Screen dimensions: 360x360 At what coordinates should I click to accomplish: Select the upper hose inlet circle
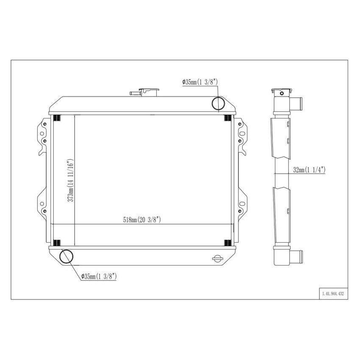pos(218,103)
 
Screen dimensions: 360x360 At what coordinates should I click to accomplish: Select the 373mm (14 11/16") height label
pos(72,181)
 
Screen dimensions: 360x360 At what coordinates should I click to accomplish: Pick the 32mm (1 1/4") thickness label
pos(309,170)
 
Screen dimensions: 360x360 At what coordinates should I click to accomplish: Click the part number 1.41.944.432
pos(332,294)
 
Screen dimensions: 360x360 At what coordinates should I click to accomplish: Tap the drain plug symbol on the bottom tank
pos(217,259)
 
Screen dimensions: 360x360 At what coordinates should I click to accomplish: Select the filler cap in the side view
pos(281,91)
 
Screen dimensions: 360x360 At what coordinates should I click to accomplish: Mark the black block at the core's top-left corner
pos(57,118)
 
